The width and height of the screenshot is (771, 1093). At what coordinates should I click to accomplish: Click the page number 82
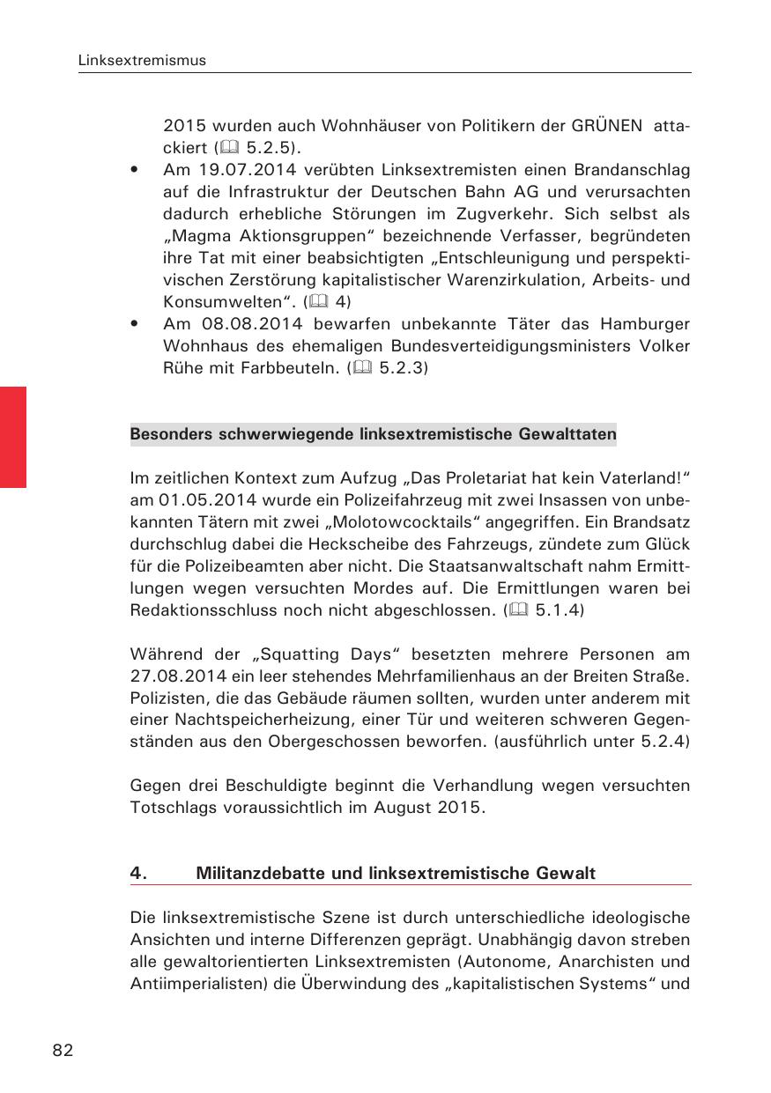(x=63, y=1050)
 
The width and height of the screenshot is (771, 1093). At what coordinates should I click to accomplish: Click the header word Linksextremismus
(x=142, y=61)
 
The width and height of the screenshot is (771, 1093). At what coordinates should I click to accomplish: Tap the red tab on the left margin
(x=13, y=436)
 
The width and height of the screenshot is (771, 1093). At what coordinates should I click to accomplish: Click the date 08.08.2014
(x=246, y=324)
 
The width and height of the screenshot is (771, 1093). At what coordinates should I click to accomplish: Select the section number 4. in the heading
(x=137, y=873)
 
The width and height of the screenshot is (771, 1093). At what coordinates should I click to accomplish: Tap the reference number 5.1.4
(x=560, y=609)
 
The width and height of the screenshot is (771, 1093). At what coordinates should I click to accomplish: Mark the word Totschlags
(x=173, y=808)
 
